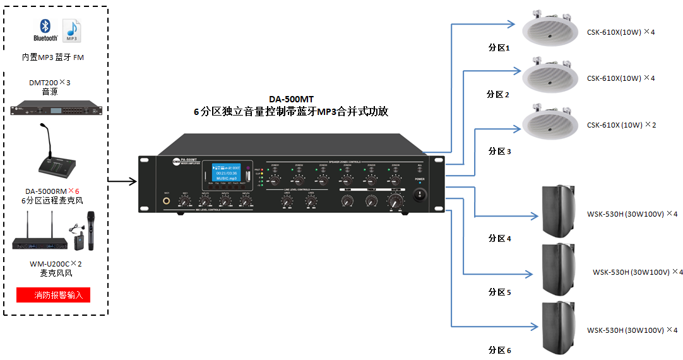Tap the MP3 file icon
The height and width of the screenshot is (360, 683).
tap(71, 30)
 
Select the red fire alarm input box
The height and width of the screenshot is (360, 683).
tap(54, 294)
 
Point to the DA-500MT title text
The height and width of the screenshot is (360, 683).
tap(291, 99)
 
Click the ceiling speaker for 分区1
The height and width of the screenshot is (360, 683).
tap(550, 28)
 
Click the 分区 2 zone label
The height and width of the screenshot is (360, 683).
tap(498, 95)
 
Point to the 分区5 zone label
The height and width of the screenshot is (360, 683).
tap(499, 292)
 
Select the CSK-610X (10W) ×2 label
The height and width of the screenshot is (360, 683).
tap(621, 125)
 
